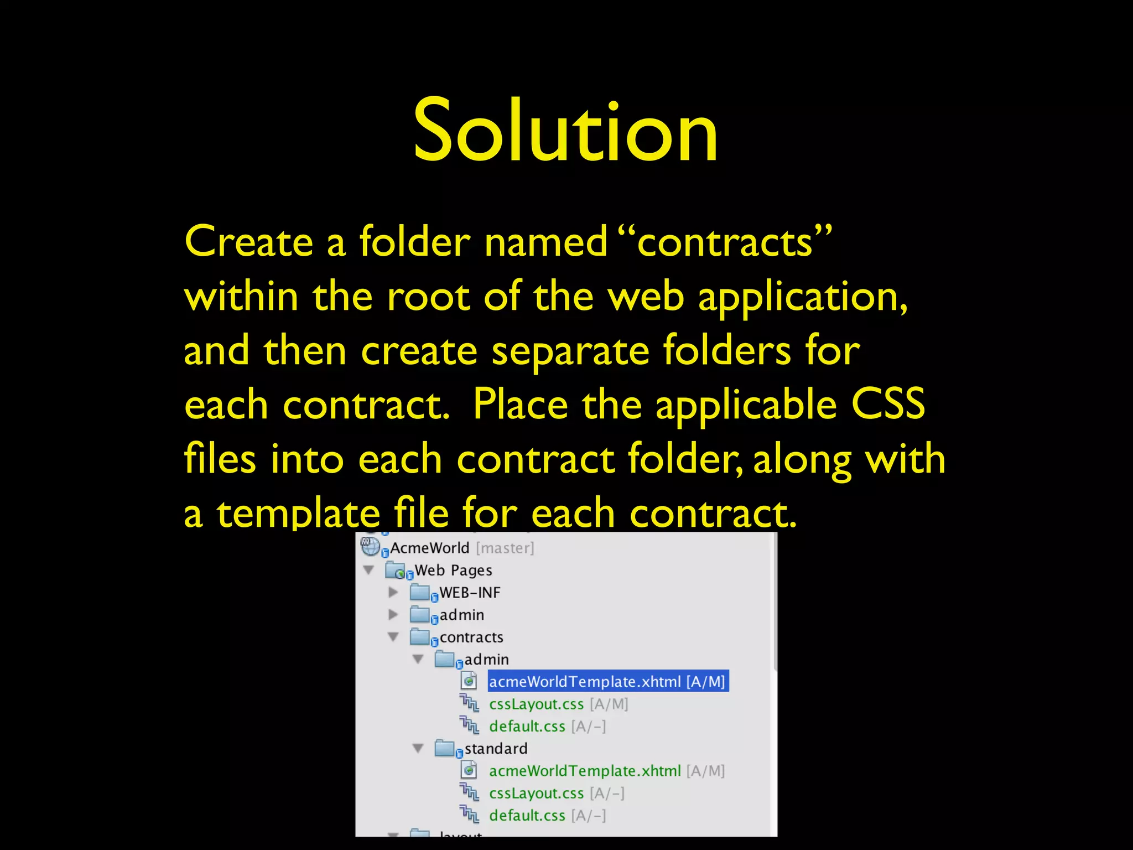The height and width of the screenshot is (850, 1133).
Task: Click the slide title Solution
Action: pos(565,131)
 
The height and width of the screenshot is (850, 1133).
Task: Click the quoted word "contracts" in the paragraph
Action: pos(725,242)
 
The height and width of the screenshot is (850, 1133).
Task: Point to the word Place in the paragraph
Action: pos(520,404)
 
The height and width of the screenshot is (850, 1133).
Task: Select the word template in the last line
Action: pos(298,512)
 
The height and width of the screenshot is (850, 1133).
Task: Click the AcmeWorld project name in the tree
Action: pos(429,548)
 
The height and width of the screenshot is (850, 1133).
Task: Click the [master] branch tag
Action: pos(505,548)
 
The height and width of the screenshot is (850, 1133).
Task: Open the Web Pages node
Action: pos(453,570)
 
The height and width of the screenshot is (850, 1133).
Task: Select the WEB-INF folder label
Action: pos(470,593)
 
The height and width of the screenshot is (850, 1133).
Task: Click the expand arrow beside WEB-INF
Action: pos(393,592)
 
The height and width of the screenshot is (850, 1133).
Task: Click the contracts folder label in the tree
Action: pos(471,637)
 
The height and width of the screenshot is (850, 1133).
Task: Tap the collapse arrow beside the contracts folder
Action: pos(393,637)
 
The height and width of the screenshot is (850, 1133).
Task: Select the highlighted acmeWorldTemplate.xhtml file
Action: pos(607,681)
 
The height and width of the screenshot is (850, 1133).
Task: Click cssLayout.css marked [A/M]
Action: pos(536,704)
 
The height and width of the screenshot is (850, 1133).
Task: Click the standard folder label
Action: pos(496,748)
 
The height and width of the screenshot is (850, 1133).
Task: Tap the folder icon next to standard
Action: pos(444,748)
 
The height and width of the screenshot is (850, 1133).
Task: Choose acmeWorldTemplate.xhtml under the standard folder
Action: pos(585,771)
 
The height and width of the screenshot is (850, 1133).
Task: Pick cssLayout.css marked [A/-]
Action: pos(536,793)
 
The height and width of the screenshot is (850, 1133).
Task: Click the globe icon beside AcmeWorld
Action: pos(370,547)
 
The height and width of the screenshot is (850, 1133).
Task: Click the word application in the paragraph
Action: pos(802,298)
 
